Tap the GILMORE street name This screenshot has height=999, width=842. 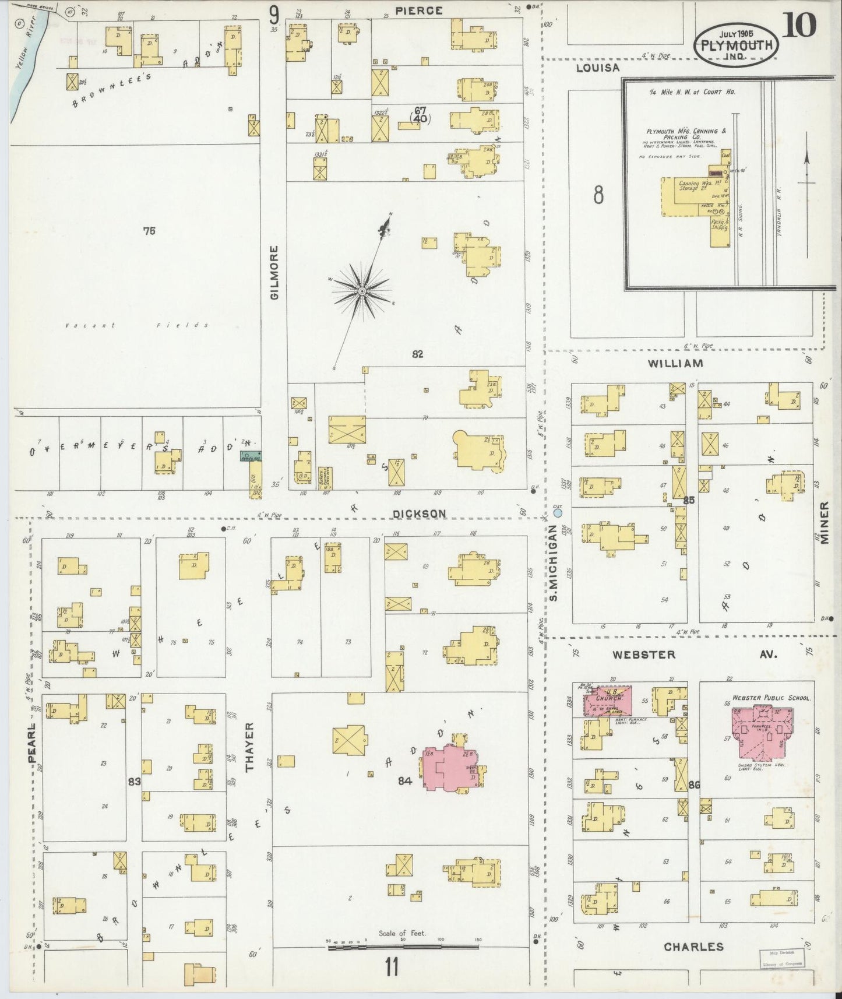tap(275, 272)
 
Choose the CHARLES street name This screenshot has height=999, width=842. tap(693, 947)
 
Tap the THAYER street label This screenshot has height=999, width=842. tap(251, 747)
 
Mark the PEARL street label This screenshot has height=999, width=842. tap(32, 743)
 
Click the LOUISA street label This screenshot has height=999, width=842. tap(597, 68)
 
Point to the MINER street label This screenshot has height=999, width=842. tap(825, 523)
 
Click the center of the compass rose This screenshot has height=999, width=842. tap(362, 290)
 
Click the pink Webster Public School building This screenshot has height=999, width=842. tap(763, 725)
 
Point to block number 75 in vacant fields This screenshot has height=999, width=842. tap(149, 231)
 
